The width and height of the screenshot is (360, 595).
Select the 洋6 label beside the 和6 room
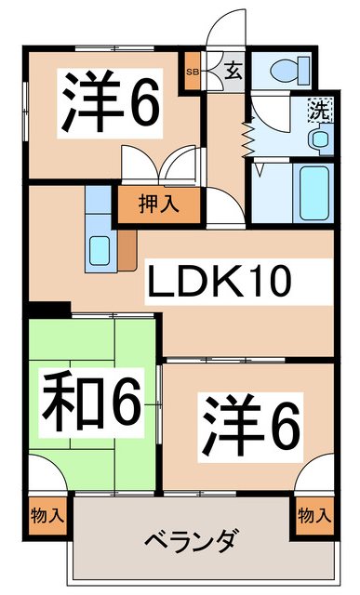[x=250, y=422]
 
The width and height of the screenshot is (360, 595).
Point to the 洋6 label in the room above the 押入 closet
[x=109, y=104]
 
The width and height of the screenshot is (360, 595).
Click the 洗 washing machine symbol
[x=317, y=109]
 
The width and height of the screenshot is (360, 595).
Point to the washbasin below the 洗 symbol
[x=320, y=139]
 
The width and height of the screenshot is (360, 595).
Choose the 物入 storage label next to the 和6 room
[x=47, y=514]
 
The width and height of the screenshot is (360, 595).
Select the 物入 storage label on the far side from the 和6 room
[x=313, y=514]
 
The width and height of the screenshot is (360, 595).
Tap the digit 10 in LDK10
[x=270, y=283]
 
